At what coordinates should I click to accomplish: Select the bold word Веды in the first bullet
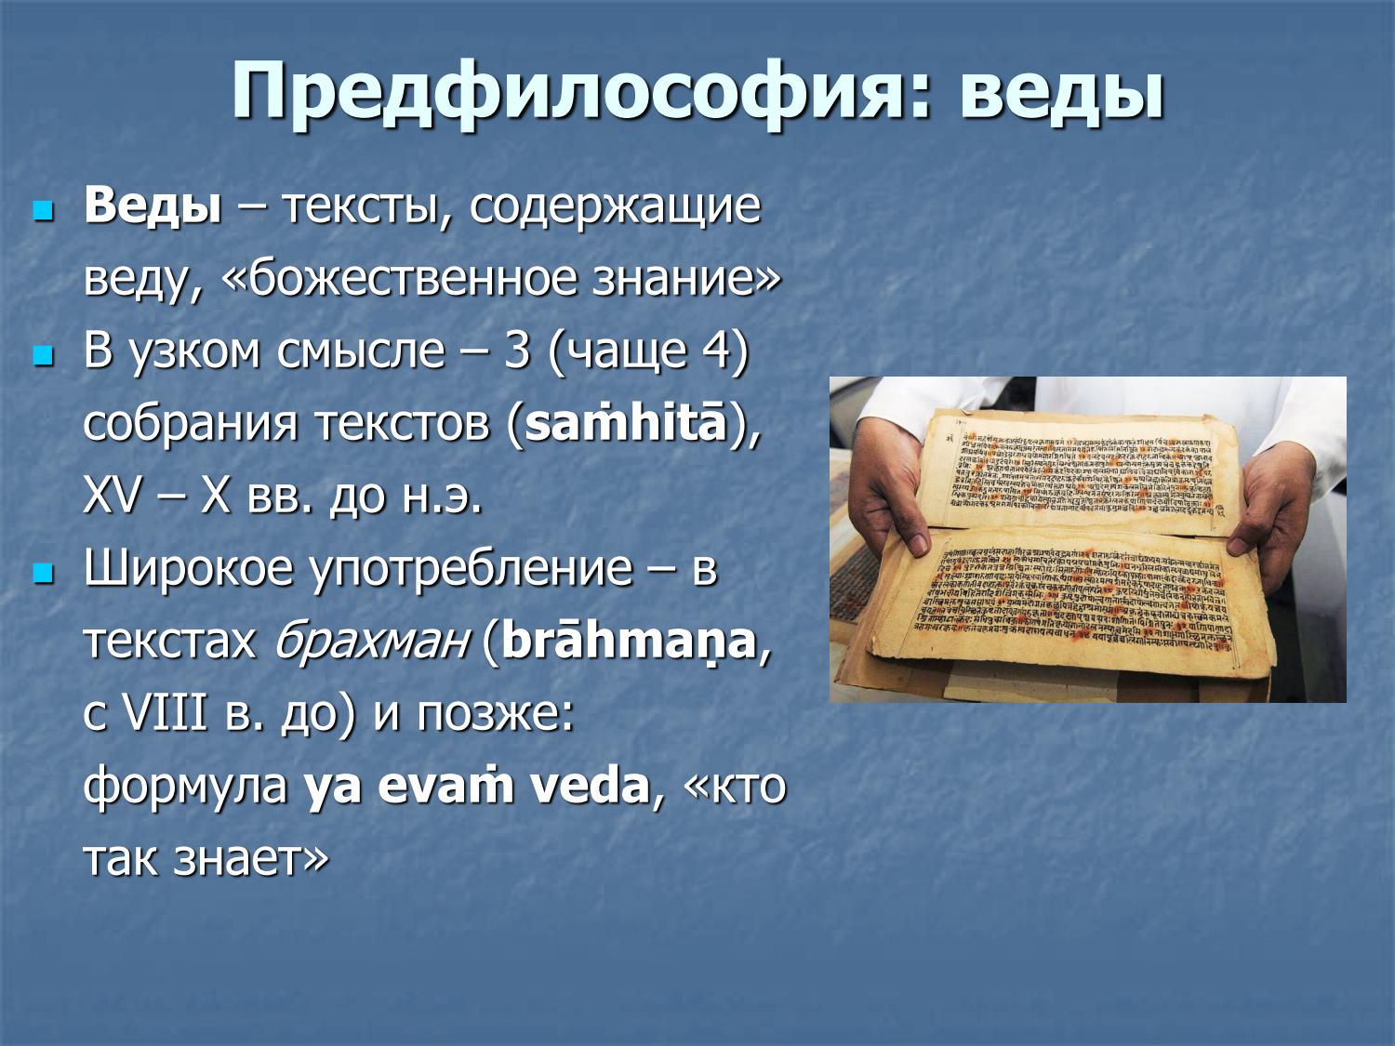pyautogui.click(x=153, y=206)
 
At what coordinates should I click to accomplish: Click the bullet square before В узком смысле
pyautogui.click(x=43, y=354)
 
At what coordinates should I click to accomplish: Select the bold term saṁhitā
pyautogui.click(x=625, y=424)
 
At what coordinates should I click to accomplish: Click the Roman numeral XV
pyautogui.click(x=112, y=497)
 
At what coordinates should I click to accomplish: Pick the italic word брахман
pyautogui.click(x=370, y=642)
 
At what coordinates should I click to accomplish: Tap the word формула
pyautogui.click(x=185, y=787)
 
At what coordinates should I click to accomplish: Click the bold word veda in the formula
pyautogui.click(x=588, y=787)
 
